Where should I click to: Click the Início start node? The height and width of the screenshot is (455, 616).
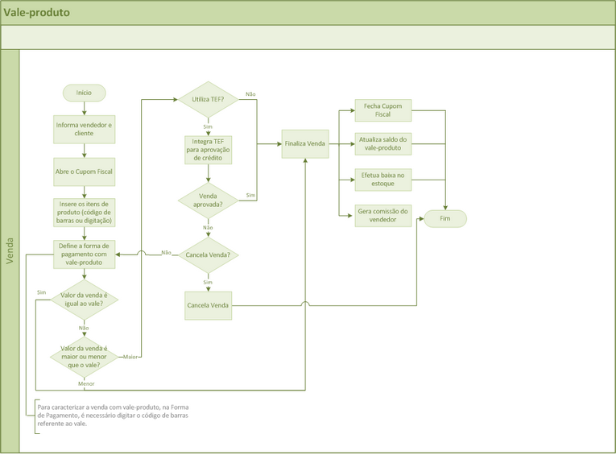[84, 93]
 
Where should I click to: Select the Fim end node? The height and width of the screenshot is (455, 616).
[445, 218]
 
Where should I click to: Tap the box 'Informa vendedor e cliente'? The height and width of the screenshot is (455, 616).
[84, 129]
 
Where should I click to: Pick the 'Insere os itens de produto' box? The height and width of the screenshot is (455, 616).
[84, 212]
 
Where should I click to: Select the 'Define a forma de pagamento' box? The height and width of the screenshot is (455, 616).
[84, 254]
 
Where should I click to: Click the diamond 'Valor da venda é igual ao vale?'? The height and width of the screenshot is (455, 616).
[84, 300]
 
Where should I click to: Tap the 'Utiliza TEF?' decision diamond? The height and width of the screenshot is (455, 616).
[208, 100]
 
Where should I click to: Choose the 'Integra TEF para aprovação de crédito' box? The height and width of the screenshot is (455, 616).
[208, 150]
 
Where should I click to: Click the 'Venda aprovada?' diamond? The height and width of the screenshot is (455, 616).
[208, 200]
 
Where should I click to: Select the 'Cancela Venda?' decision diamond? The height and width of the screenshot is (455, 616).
[208, 254]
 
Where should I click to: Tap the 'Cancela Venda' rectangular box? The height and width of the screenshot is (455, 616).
[208, 305]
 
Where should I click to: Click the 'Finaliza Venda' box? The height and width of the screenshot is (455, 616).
[305, 144]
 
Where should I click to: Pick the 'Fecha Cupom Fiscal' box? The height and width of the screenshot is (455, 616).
[383, 110]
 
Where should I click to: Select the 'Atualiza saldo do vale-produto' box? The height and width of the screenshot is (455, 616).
[383, 144]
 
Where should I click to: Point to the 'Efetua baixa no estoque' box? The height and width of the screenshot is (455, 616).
[383, 179]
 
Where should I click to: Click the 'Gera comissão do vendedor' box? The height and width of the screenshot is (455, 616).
[383, 215]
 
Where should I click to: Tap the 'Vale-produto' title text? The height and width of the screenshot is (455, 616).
[36, 13]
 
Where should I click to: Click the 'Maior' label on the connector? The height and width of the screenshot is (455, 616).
[130, 356]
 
